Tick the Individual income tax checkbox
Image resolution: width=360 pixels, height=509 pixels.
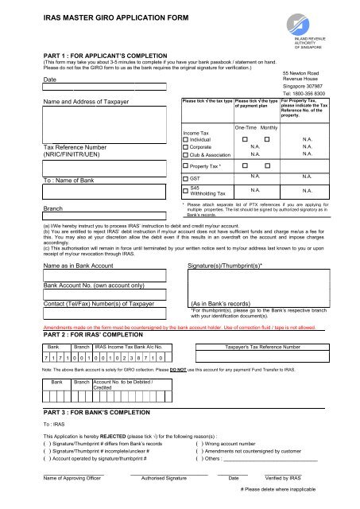click(185, 138)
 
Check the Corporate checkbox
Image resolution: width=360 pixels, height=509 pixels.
click(185, 147)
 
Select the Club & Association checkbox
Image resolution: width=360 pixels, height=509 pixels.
click(185, 156)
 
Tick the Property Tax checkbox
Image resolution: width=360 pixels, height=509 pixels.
click(185, 166)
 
